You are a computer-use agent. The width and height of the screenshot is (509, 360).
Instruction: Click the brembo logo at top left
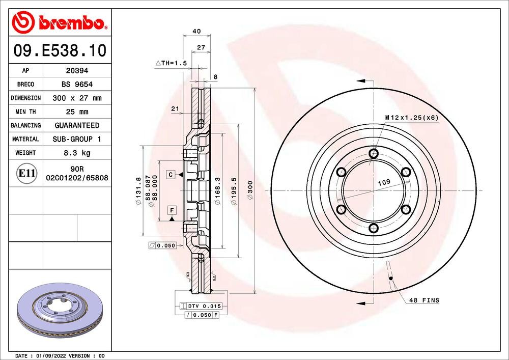[x=60, y=22]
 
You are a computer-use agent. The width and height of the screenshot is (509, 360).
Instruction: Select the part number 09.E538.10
[x=60, y=51]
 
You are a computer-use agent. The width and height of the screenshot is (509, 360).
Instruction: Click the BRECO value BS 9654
[x=77, y=85]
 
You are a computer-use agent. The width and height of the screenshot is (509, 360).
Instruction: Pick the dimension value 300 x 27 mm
[x=77, y=98]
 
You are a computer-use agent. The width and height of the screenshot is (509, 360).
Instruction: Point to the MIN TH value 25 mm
[x=77, y=112]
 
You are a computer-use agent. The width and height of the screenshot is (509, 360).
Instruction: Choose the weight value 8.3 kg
[x=77, y=152]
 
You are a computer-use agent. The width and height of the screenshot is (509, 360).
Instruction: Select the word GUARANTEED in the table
[x=77, y=125]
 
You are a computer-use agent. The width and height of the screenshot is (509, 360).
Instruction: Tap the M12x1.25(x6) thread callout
[x=411, y=118]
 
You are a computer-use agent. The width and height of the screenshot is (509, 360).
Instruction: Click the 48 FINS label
[x=424, y=300]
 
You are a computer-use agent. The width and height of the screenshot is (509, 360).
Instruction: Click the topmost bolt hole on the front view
[x=374, y=154]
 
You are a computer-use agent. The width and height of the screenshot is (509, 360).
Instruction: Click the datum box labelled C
[x=172, y=175]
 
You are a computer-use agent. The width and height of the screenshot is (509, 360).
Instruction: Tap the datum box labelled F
[x=172, y=210]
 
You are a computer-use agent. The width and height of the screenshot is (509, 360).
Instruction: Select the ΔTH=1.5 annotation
[x=172, y=63]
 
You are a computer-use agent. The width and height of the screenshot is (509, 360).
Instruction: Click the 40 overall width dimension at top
[x=196, y=31]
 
